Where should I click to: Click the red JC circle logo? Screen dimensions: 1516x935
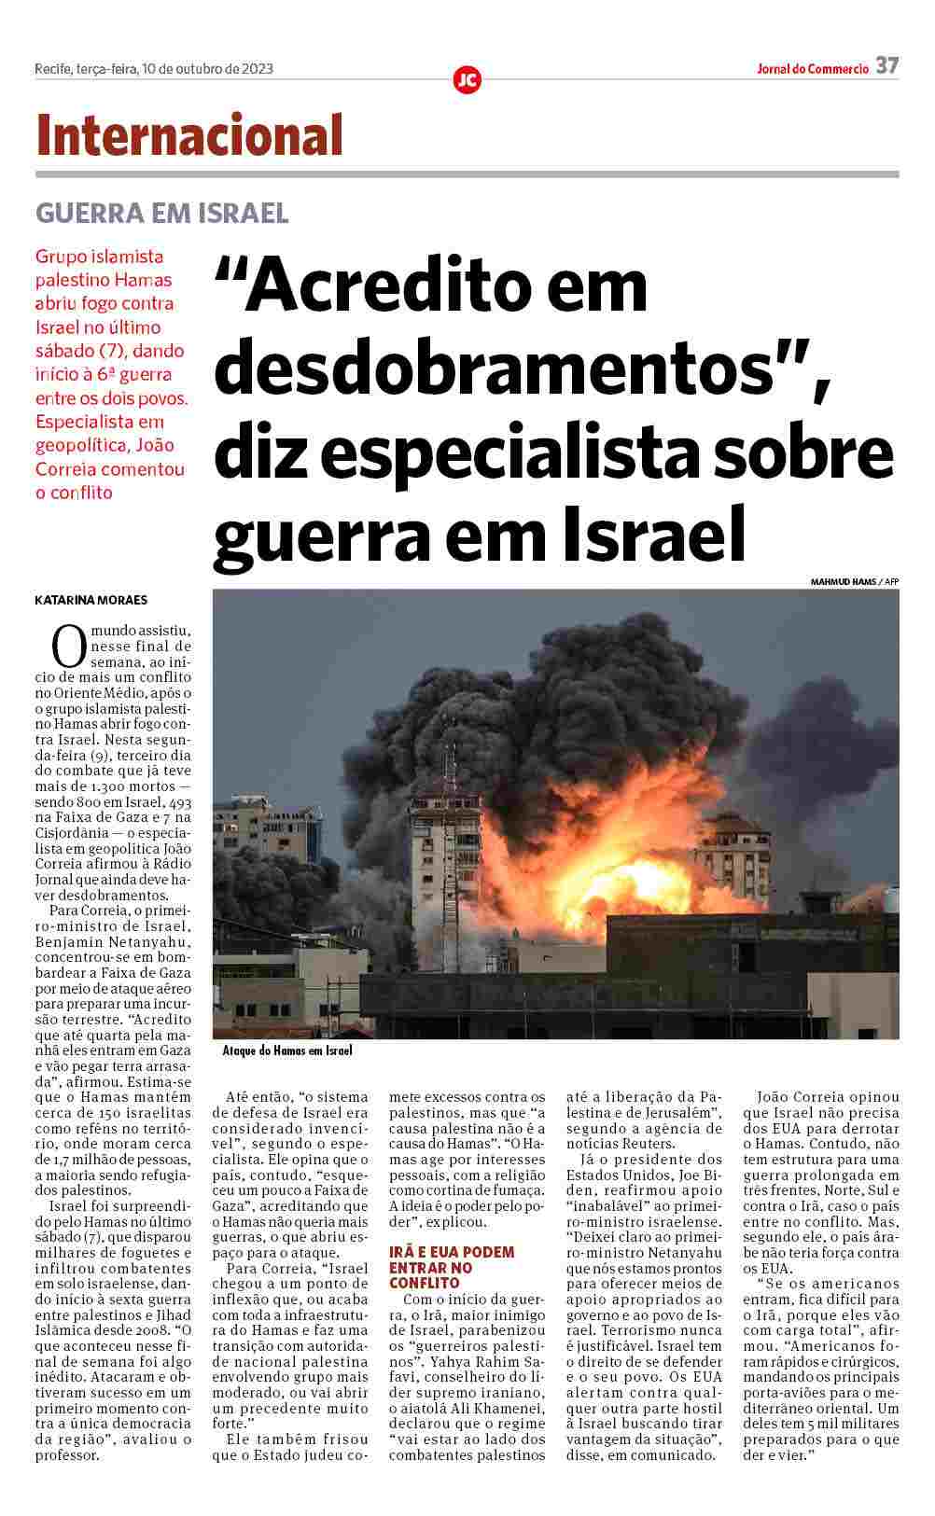467,80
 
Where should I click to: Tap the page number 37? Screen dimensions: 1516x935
887,66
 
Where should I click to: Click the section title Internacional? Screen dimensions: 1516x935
189,136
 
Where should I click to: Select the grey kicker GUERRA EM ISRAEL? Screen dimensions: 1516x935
161,214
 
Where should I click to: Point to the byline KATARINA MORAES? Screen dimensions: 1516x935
91,600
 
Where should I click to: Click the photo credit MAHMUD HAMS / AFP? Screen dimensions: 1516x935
854,581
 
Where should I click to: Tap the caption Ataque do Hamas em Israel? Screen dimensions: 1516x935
287,1050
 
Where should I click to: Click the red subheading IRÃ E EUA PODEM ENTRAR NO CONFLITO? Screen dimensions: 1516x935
452,1267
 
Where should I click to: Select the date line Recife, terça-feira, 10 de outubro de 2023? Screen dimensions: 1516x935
154,68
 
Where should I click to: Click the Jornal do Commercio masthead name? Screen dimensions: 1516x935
812,68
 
